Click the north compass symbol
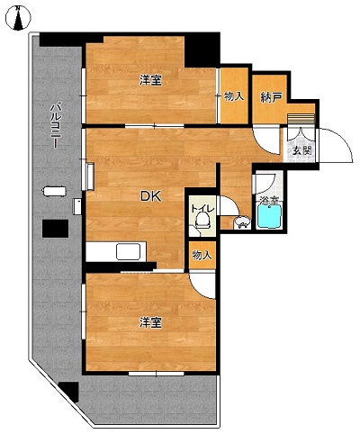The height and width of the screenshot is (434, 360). pyautogui.click(x=18, y=18)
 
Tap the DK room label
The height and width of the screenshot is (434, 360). pyautogui.click(x=151, y=196)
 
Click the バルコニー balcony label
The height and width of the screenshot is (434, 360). pyautogui.click(x=55, y=125)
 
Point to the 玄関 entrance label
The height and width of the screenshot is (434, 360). pyautogui.click(x=301, y=151)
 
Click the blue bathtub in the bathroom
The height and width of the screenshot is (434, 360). pyautogui.click(x=269, y=216)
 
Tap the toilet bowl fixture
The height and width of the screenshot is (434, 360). pyautogui.click(x=202, y=220)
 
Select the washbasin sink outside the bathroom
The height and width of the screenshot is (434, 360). pyautogui.click(x=242, y=222)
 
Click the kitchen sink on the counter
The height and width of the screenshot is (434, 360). pyautogui.click(x=129, y=252)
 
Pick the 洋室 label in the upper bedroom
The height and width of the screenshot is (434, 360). pyautogui.click(x=150, y=80)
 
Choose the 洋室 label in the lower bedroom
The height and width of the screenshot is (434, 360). pyautogui.click(x=150, y=322)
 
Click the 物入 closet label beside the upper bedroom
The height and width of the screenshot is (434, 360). pyautogui.click(x=234, y=96)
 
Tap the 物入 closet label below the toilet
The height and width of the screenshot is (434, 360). pyautogui.click(x=202, y=256)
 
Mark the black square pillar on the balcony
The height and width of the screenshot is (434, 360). pyautogui.click(x=55, y=229)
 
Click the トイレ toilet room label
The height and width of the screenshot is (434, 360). pyautogui.click(x=202, y=208)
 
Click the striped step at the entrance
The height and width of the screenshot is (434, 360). pyautogui.click(x=301, y=118)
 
